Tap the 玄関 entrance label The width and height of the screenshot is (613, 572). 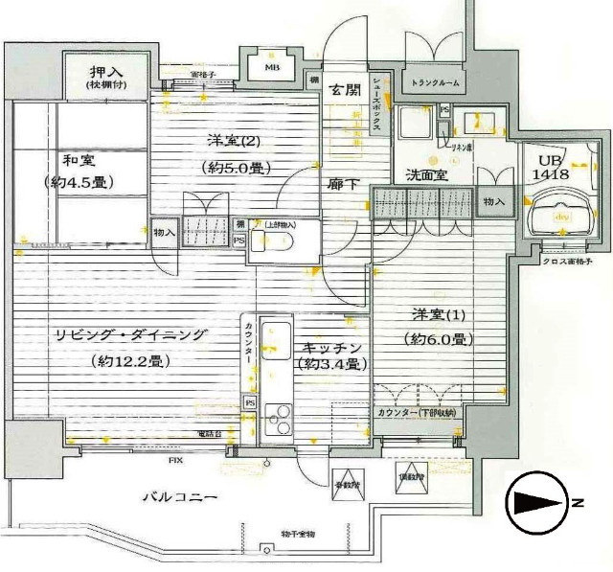pyautogui.click(x=343, y=90)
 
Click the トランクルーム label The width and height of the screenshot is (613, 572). pyautogui.click(x=437, y=82)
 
